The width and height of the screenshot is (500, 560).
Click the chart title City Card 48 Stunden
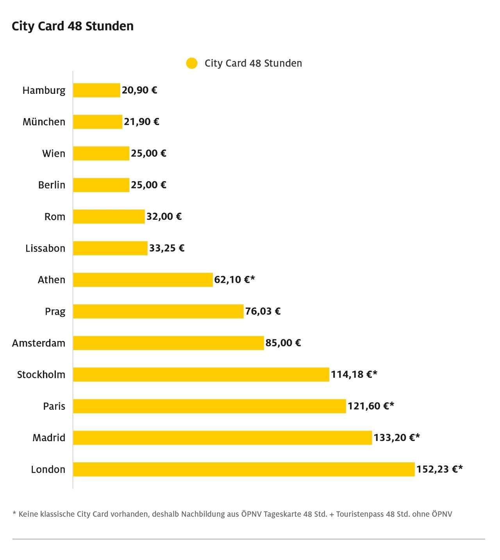pyautogui.click(x=73, y=26)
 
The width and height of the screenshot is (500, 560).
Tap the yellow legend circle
pyautogui.click(x=192, y=63)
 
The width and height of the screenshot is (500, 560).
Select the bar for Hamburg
pyautogui.click(x=96, y=90)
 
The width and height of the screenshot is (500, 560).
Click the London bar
pyautogui.click(x=244, y=469)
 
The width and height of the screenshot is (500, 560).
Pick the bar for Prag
pyautogui.click(x=158, y=311)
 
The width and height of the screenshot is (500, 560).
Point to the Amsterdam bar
pyautogui.click(x=168, y=343)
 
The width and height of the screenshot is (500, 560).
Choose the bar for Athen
pyautogui.click(x=143, y=280)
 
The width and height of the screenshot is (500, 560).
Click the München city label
pyautogui.click(x=44, y=122)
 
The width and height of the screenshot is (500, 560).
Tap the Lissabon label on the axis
pyautogui.click(x=45, y=248)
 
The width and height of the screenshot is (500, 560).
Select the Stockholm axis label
pyautogui.click(x=41, y=375)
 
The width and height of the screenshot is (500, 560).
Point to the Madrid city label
pyautogui.click(x=49, y=438)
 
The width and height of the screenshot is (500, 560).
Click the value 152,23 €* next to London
pyautogui.click(x=439, y=469)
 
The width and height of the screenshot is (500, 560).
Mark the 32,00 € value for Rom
pyautogui.click(x=164, y=217)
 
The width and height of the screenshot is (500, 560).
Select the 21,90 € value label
pyautogui.click(x=141, y=122)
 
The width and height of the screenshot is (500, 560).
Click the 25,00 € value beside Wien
pyautogui.click(x=148, y=153)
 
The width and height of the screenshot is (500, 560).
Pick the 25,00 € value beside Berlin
pyautogui.click(x=148, y=185)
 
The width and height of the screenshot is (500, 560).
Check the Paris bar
pyautogui.click(x=209, y=406)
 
